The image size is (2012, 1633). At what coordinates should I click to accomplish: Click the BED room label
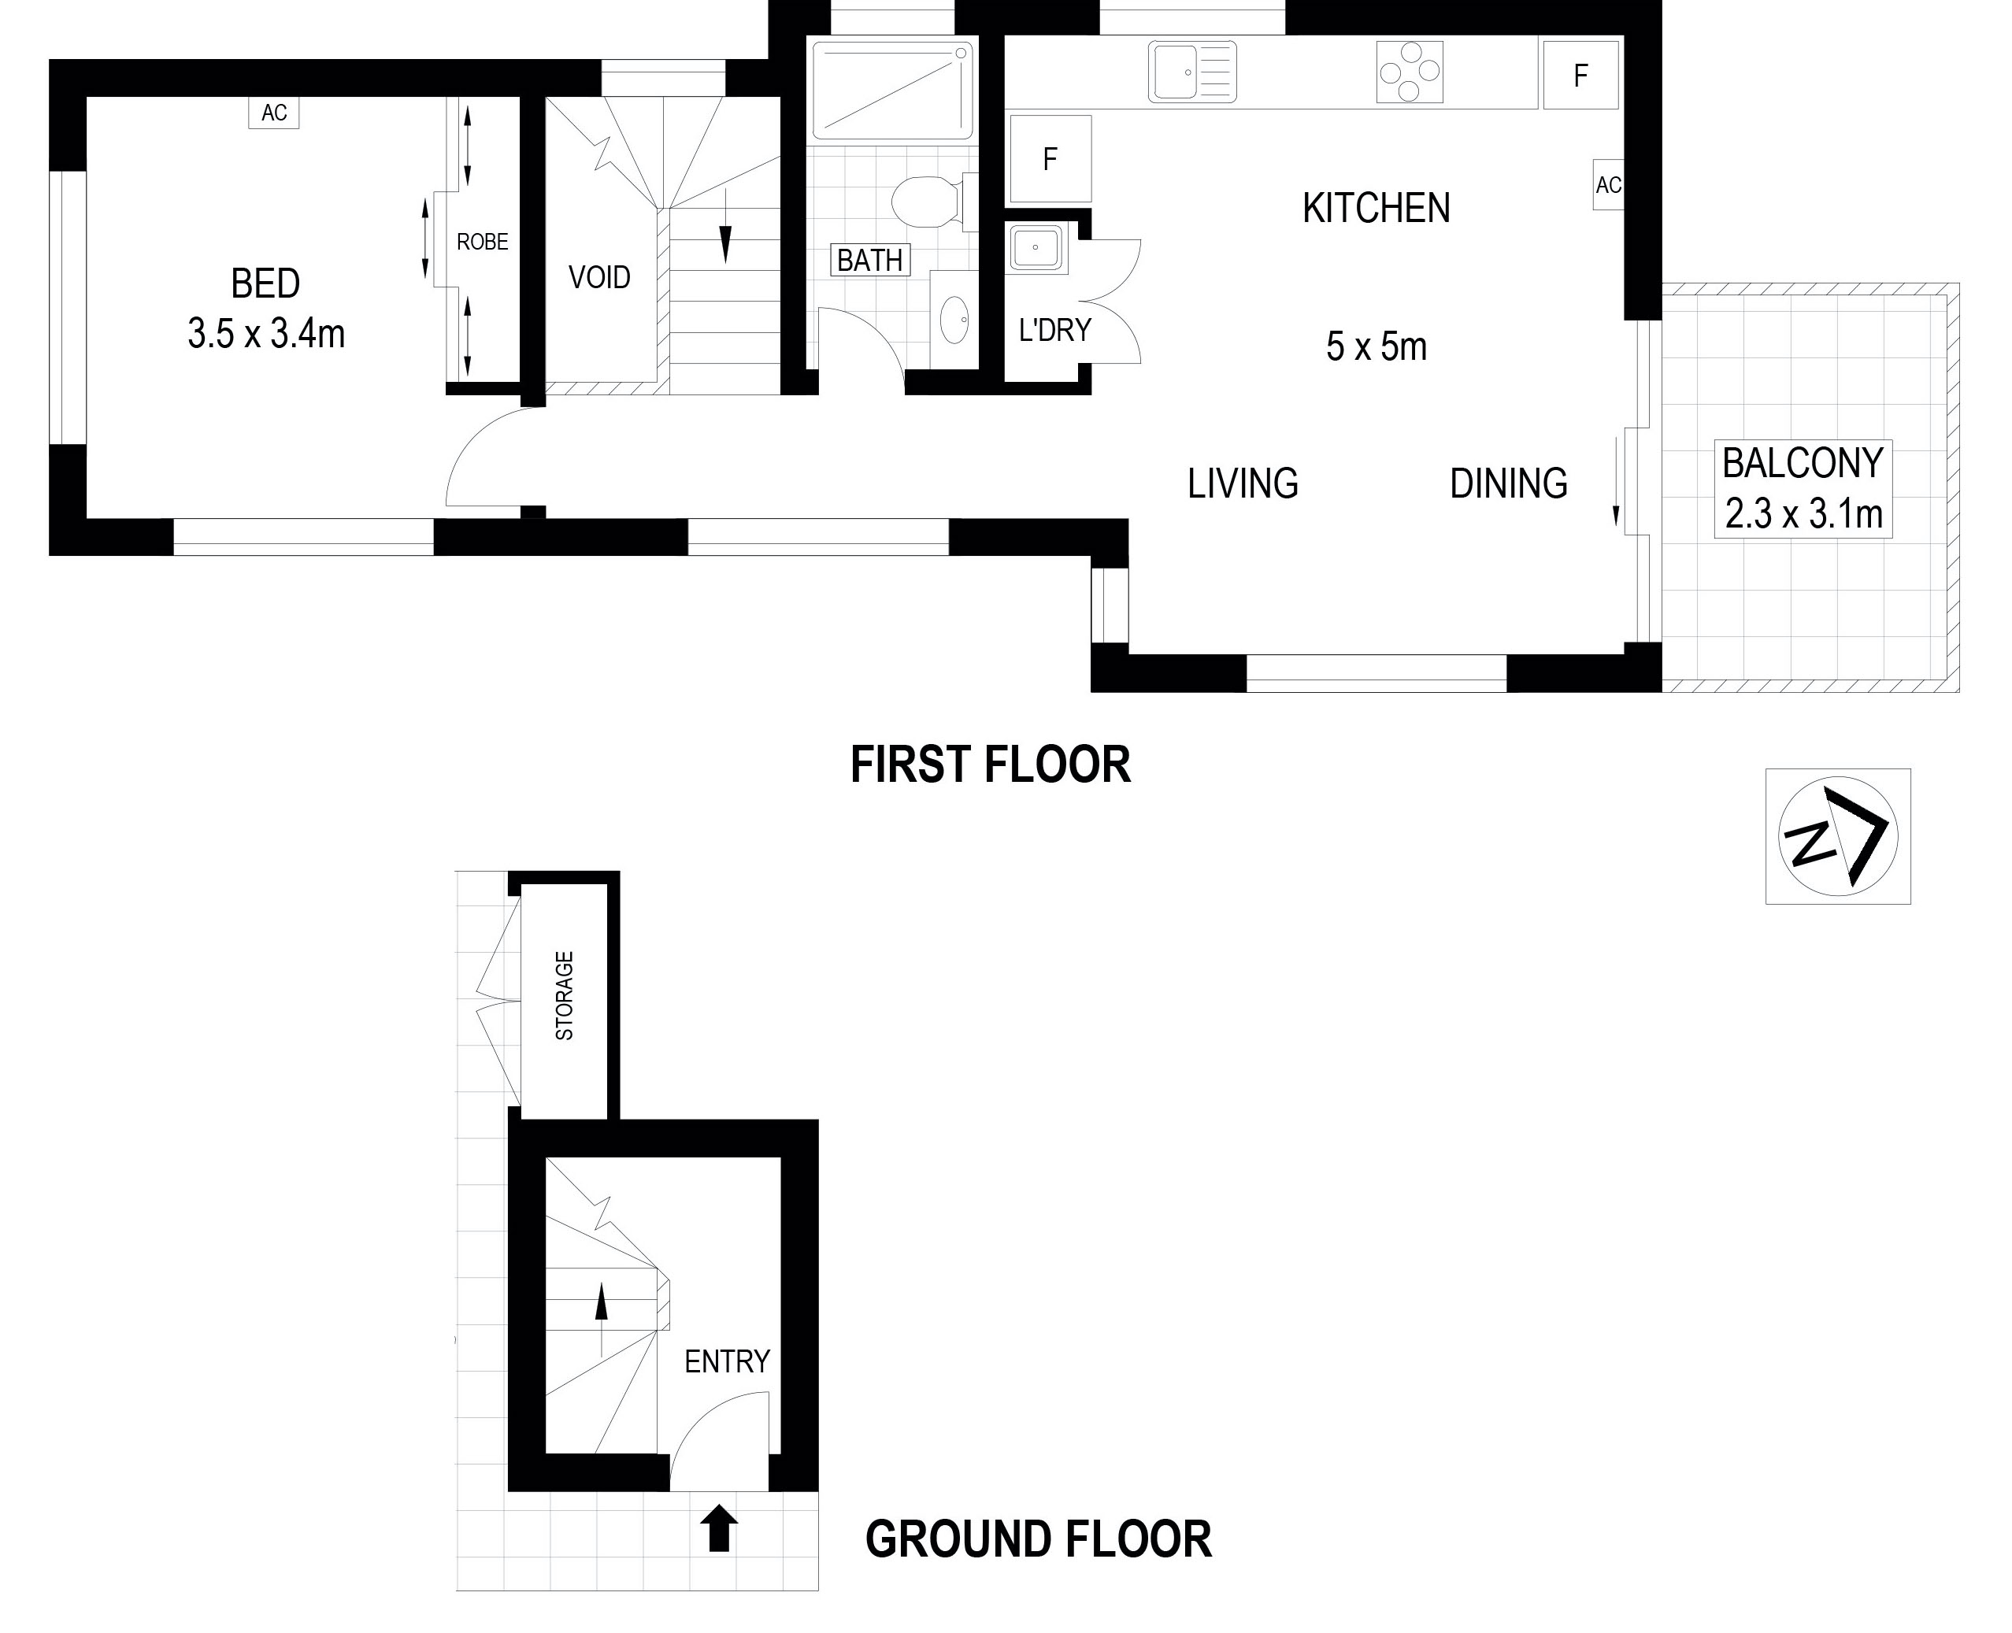coord(265,283)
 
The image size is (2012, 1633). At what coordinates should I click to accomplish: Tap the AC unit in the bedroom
coord(274,113)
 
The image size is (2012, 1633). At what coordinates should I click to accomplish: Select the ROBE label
coord(483,242)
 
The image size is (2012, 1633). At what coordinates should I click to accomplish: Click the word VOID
coord(599,277)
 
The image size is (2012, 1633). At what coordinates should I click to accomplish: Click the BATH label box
coord(870,260)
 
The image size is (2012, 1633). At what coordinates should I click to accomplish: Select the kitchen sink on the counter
coord(1191,72)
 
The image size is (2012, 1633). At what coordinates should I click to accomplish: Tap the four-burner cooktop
coord(1409,72)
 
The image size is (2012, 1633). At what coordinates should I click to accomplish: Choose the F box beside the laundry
coord(1050,159)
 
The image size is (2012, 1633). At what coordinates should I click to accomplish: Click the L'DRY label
coord(1054,330)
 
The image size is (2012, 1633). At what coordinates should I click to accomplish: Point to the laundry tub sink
coord(1036,248)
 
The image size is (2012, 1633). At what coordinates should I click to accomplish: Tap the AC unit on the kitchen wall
coord(1607,185)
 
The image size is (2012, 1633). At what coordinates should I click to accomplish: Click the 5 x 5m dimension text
coord(1377,347)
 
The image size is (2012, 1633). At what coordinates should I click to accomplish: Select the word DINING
coord(1509,483)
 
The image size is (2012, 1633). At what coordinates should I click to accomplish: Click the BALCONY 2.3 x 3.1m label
coord(1803,489)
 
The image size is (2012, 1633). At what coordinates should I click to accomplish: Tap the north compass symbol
coord(1838,836)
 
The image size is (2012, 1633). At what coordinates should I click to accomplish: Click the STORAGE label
coord(565,995)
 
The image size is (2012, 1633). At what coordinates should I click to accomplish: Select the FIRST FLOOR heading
coord(991,765)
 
